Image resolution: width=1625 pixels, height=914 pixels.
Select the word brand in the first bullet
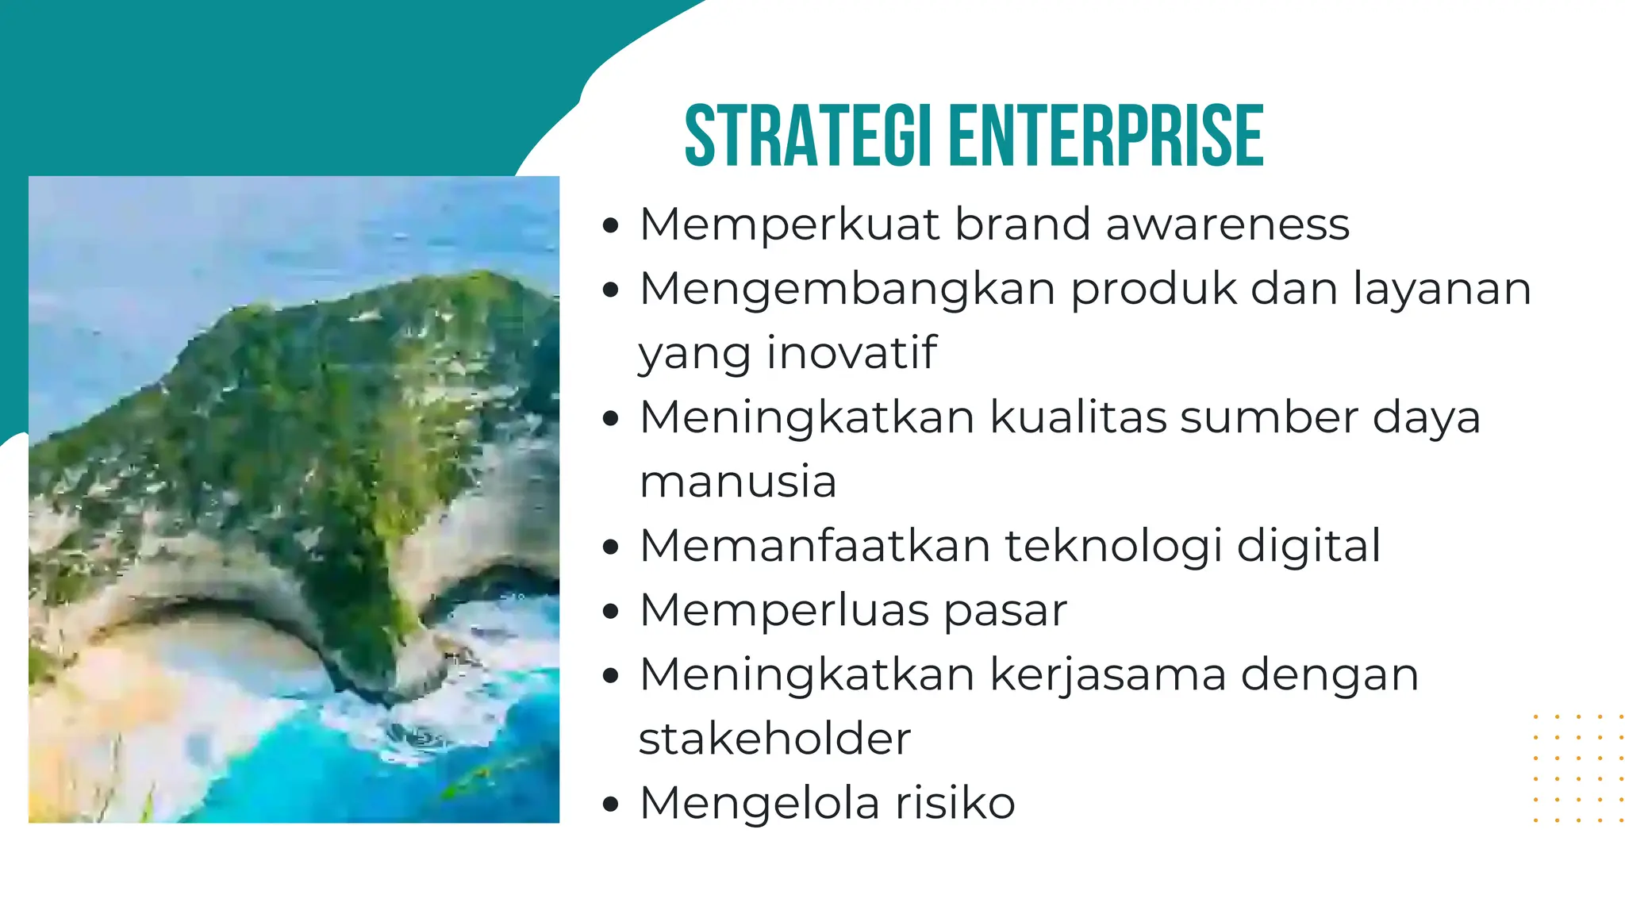tap(1022, 225)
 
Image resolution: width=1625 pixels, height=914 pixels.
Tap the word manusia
tap(738, 482)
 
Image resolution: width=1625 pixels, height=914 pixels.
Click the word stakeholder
tap(774, 740)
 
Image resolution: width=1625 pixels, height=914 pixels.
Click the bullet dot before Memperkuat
tap(609, 226)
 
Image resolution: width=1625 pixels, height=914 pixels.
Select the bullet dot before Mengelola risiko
tap(609, 805)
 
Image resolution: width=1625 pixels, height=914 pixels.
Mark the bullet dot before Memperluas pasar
tap(609, 613)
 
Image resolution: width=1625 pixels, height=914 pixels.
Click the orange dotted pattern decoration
tap(1577, 768)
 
